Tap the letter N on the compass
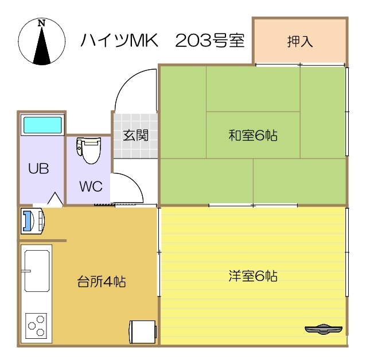coord(41,23)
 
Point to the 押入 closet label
coord(300,41)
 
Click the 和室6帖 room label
coord(253,136)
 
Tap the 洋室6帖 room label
coord(253,276)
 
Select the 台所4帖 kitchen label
coord(102,282)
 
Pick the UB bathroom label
coord(39,169)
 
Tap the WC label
coord(91,187)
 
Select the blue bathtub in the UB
coord(41,125)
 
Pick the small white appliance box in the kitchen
coord(143,331)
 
